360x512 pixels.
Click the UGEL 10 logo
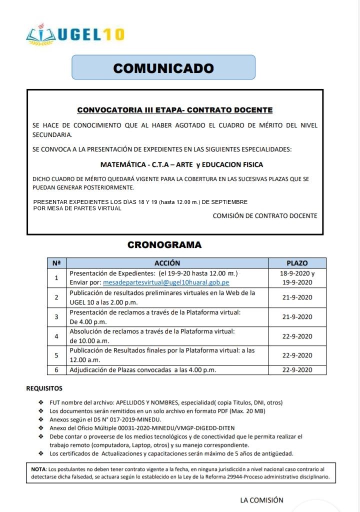point(75,34)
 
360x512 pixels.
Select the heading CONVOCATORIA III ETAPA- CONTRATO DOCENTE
point(174,110)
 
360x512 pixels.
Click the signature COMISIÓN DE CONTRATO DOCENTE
point(264,216)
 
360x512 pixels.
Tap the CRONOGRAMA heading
point(164,245)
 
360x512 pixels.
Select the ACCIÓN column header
point(167,263)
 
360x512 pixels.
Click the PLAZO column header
point(297,263)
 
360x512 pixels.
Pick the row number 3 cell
point(56,316)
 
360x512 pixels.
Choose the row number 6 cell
point(56,370)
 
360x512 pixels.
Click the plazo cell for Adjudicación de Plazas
point(297,370)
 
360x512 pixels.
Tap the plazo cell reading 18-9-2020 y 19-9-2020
point(297,278)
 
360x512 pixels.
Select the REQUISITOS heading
point(44,388)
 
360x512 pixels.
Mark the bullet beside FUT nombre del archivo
point(41,402)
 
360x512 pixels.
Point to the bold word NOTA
point(38,469)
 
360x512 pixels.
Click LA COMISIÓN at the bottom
point(261,500)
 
